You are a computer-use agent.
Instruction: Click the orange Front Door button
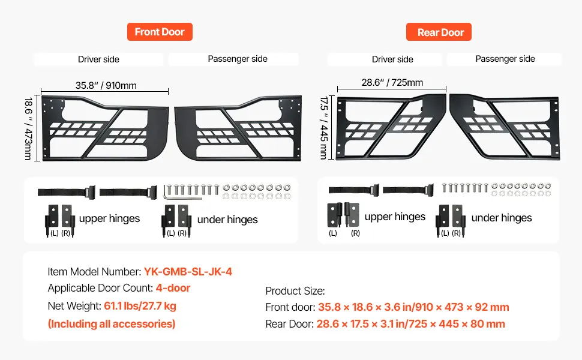[x=160, y=32]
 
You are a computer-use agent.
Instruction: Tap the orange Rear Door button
[x=440, y=32]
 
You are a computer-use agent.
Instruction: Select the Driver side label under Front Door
[x=98, y=59]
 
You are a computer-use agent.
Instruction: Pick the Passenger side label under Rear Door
[x=505, y=59]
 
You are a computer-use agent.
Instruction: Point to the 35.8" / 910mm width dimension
[x=106, y=85]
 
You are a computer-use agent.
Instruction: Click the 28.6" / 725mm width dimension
[x=392, y=83]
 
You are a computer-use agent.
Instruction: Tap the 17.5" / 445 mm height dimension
[x=324, y=128]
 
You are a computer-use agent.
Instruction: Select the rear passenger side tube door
[x=505, y=128]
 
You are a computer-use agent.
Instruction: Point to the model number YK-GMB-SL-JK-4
[x=188, y=272]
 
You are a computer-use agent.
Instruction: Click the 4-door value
[x=173, y=289]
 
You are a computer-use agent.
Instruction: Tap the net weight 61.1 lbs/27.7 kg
[x=140, y=306]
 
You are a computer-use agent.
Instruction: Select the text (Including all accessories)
[x=112, y=324]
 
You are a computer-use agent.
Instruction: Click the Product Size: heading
[x=295, y=291]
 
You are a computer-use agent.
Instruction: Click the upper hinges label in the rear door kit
[x=395, y=217]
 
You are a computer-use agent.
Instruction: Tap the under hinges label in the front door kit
[x=227, y=220]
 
